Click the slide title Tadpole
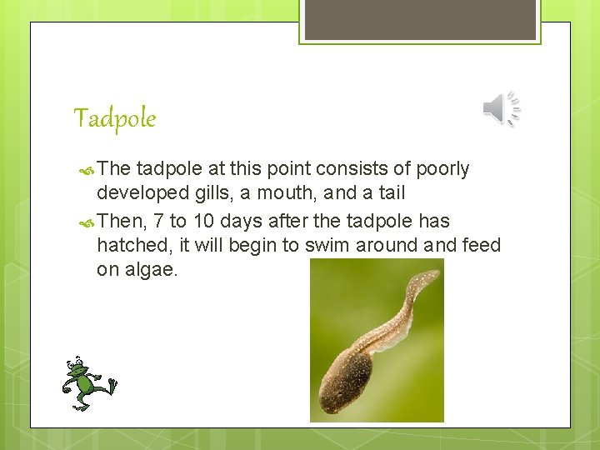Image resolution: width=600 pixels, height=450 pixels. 115,118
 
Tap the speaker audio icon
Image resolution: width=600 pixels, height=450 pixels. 502,110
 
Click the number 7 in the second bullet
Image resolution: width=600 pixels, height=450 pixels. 157,221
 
